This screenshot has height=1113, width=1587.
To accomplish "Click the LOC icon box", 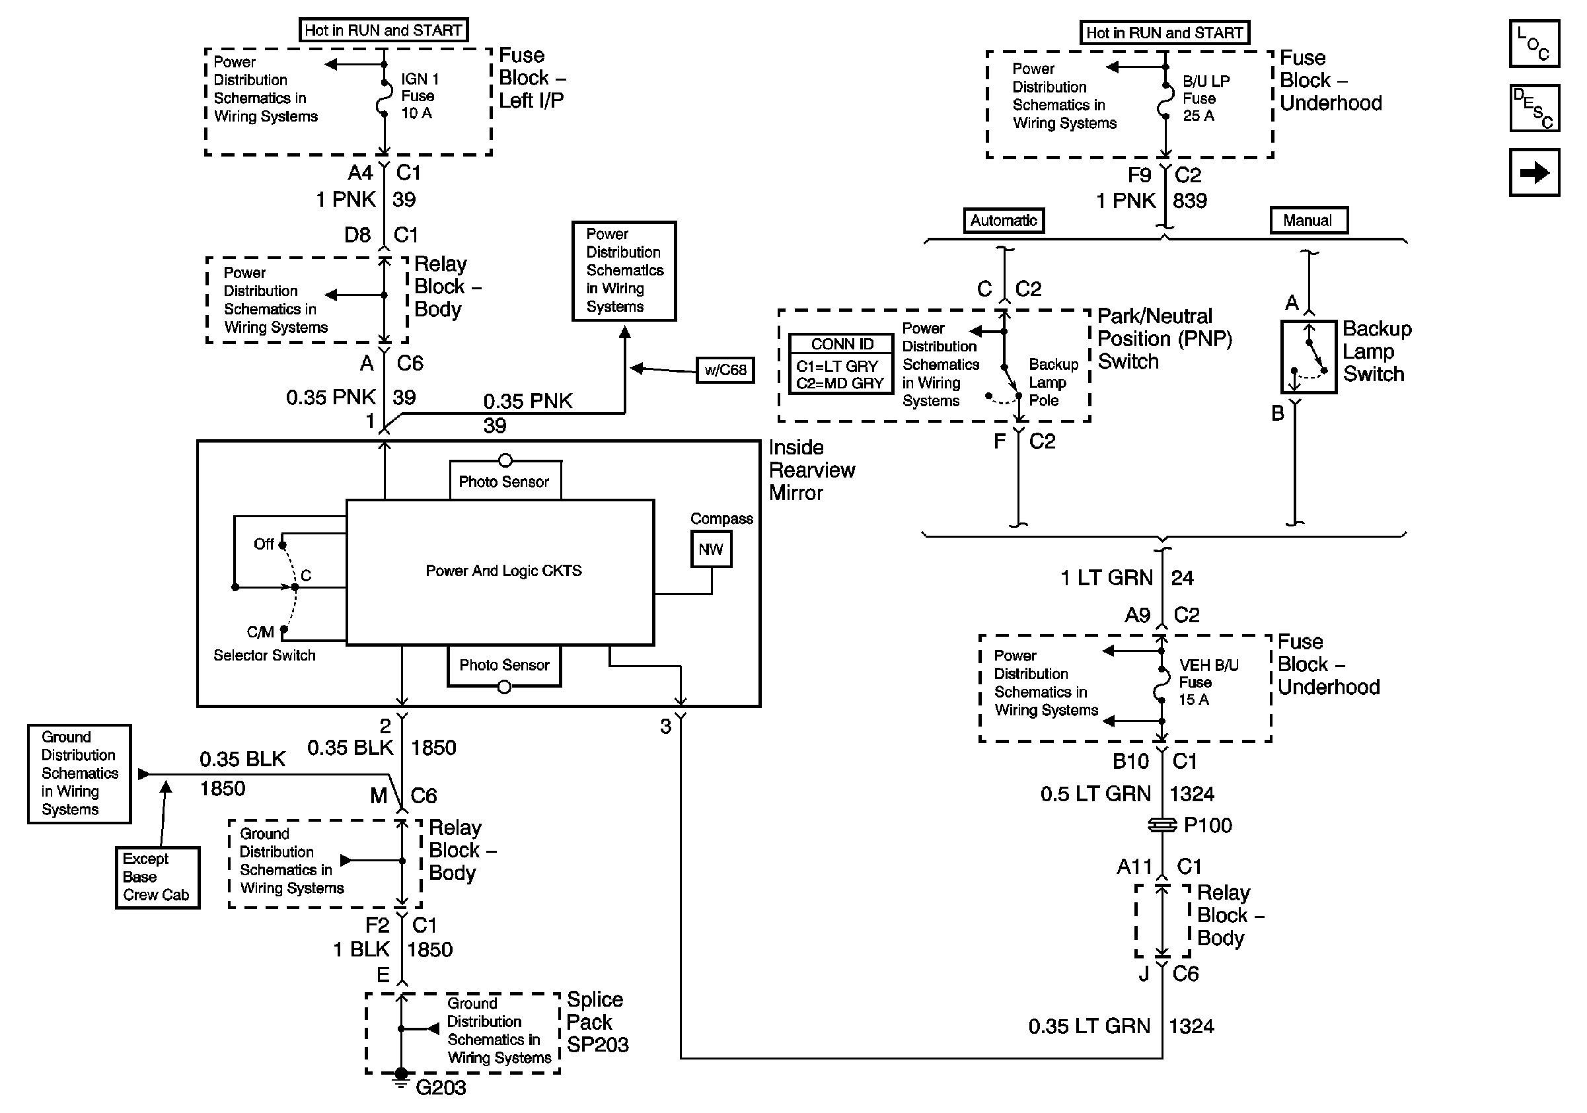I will [x=1533, y=44].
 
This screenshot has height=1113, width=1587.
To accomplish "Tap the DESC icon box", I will [x=1533, y=108].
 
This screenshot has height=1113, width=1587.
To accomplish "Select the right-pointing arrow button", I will [x=1533, y=172].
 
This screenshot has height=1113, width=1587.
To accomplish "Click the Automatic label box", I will [x=1004, y=221].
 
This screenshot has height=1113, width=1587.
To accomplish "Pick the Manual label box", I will [x=1308, y=221].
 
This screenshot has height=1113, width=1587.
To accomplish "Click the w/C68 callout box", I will [x=725, y=370].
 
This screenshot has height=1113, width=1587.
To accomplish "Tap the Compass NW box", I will [x=710, y=550].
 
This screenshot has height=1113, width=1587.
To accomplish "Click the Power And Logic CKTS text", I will [x=503, y=571].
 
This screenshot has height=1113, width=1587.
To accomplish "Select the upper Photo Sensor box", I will [x=505, y=481].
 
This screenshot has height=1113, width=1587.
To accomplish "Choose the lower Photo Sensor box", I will [x=505, y=664].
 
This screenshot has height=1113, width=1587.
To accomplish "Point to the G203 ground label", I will [x=440, y=1088].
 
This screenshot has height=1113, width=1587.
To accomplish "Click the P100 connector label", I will [x=1208, y=826].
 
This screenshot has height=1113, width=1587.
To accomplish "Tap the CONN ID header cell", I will [x=842, y=344].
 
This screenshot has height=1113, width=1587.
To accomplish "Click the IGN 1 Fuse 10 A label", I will [x=420, y=96].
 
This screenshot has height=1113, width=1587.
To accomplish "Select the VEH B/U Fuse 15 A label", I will [x=1208, y=682].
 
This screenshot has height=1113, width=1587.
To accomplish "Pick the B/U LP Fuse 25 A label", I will [x=1206, y=98].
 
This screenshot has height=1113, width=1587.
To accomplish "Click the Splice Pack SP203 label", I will [x=597, y=1022].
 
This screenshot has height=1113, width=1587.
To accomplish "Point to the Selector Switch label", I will [x=264, y=655].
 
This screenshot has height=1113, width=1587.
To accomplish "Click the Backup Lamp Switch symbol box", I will [x=1308, y=357].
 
